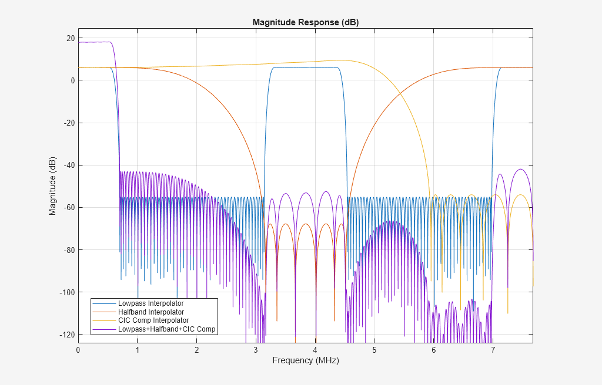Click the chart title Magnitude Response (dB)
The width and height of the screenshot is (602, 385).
coord(305,22)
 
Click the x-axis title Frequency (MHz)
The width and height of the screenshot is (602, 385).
coord(305,360)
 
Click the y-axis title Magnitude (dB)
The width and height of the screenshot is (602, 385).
coord(53,186)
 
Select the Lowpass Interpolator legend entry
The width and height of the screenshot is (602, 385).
coord(150,303)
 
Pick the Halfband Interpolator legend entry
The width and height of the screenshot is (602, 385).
coord(150,312)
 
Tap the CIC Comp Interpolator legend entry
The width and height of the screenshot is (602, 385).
coord(153,321)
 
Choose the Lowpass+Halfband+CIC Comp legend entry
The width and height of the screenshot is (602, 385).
coord(167,330)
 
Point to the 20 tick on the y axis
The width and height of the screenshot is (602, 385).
coord(71,38)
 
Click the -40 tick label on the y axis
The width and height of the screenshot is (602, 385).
coord(69,166)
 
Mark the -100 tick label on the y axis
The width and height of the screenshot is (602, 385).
coord(67,292)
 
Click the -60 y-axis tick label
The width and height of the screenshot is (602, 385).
coord(69,208)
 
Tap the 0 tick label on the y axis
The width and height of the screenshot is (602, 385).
coord(72,80)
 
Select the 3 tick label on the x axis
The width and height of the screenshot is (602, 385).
coord(256,350)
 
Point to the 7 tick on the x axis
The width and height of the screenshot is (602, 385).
coord(493,350)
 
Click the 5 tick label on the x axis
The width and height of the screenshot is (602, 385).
coord(374,350)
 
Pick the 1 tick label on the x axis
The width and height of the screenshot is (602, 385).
coord(137,350)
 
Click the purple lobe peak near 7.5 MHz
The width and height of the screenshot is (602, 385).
coord(520,169)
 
